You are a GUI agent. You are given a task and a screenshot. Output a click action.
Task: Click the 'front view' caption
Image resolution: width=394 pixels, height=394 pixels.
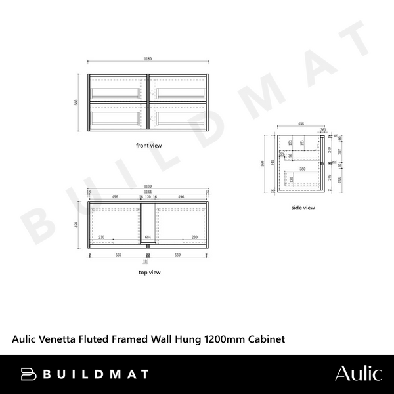coord(148,145)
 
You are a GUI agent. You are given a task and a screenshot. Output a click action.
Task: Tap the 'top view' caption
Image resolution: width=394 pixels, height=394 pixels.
coord(149,271)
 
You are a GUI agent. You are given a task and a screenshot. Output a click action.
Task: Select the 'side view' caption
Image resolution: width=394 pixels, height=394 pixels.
coord(303,208)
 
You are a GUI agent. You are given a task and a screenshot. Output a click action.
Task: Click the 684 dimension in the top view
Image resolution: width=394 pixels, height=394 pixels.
coord(149,237)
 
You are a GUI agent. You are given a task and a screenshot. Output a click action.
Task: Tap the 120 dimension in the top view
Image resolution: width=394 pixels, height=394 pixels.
coord(149,196)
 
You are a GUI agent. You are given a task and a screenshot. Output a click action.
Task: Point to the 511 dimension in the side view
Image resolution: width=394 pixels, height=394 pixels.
coord(271,165)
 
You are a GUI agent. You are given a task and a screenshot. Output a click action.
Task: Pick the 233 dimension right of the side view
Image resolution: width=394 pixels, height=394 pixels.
coord(340,181)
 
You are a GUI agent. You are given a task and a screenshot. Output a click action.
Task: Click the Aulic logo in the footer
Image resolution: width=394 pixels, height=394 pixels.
coord(358,374)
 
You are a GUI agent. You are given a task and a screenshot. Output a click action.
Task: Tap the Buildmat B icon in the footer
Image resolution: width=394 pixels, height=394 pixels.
coord(28,374)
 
